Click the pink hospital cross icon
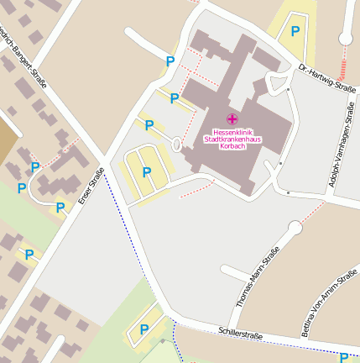(x=232, y=119)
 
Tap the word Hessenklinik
(x=232, y=132)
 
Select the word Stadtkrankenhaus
(x=232, y=139)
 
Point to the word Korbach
(x=232, y=146)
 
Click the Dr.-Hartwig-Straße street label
(x=327, y=75)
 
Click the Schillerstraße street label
(x=240, y=333)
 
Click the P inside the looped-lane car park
(x=147, y=172)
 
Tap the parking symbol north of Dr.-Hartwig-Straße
(x=295, y=31)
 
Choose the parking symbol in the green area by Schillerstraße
(x=144, y=329)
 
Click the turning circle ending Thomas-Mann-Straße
(x=295, y=228)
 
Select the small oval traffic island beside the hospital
(x=176, y=145)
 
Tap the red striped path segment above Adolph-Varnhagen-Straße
(x=342, y=65)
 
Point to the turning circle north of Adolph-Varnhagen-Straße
(x=345, y=38)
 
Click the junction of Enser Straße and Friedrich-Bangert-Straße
(x=102, y=160)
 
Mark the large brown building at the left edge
(x=5, y=139)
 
